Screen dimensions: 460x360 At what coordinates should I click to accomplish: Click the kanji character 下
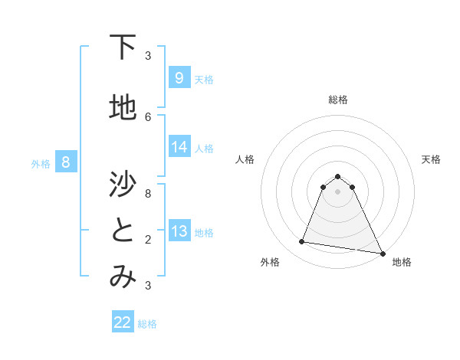[123, 47]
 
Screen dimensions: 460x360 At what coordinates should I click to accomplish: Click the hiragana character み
[123, 277]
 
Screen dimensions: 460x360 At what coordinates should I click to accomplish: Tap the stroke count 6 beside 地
[148, 116]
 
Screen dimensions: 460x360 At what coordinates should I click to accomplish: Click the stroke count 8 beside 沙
[148, 194]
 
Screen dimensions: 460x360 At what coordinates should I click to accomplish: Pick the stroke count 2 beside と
[148, 239]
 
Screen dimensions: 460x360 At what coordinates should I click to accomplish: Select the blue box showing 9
[179, 77]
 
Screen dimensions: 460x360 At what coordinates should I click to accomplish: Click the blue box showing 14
[179, 147]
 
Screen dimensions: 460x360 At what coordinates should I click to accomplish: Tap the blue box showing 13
[179, 231]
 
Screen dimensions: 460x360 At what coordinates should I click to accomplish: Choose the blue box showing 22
[123, 322]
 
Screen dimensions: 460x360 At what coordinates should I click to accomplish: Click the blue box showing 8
[66, 162]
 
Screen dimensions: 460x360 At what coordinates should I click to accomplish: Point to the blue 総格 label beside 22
[147, 324]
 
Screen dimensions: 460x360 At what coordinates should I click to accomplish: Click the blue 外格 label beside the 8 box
[41, 163]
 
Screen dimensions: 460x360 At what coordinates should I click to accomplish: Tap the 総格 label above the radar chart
[337, 100]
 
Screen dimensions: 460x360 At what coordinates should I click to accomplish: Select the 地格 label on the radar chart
[402, 262]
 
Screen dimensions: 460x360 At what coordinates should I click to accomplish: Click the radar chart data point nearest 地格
[381, 253]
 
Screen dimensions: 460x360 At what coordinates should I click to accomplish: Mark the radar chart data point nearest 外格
[302, 242]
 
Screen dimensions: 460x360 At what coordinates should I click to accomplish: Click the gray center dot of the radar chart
[337, 191]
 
